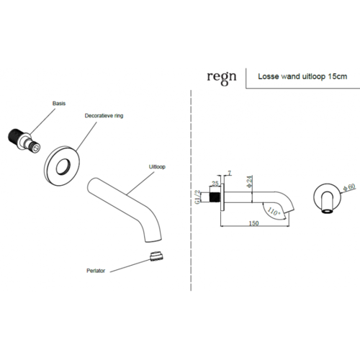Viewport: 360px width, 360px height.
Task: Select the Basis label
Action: (60, 104)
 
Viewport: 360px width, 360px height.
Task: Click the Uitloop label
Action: (157, 166)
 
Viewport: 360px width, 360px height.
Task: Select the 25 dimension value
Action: (215, 184)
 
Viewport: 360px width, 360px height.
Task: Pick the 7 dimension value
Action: (228, 173)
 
